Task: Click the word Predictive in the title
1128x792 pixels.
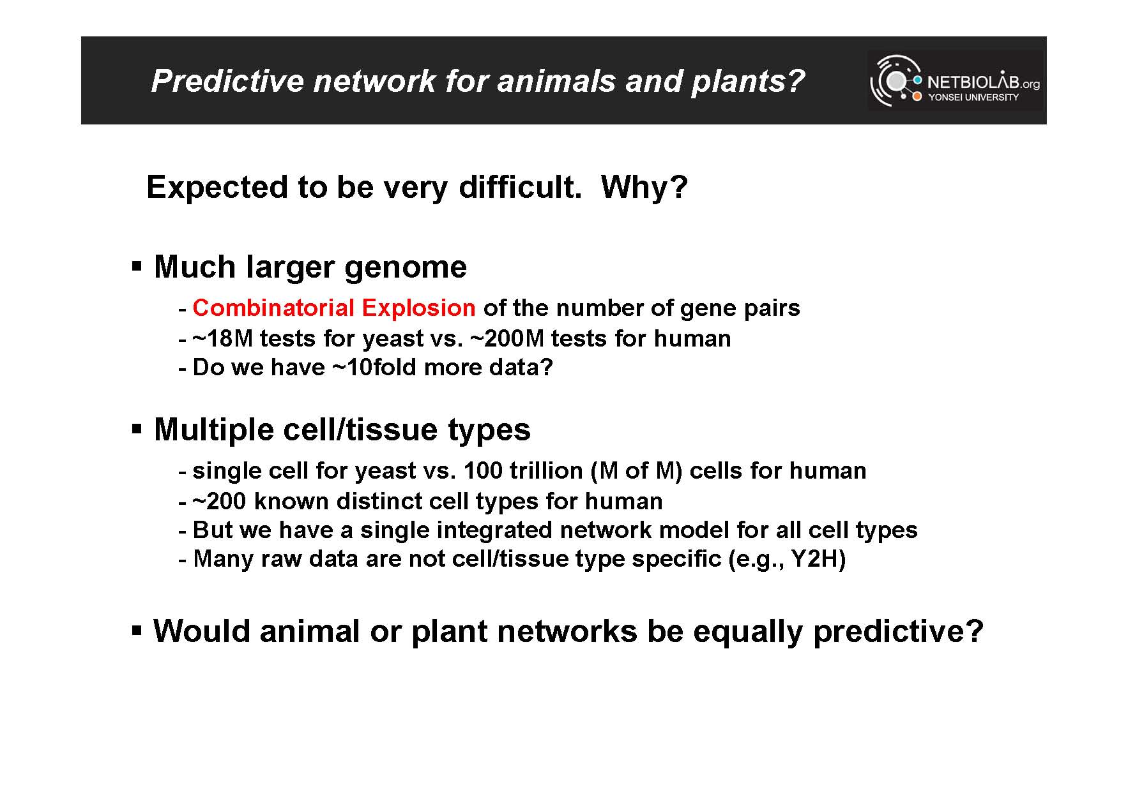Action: pyautogui.click(x=227, y=81)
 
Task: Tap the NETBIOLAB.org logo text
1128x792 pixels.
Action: pyautogui.click(x=983, y=82)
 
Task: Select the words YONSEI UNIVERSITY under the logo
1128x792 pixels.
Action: pyautogui.click(x=973, y=97)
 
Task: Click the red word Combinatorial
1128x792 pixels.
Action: pyautogui.click(x=273, y=308)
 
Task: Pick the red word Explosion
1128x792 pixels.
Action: pyautogui.click(x=418, y=308)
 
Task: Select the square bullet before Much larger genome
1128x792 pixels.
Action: pyautogui.click(x=136, y=265)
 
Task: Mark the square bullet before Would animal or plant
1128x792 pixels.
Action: pyautogui.click(x=136, y=631)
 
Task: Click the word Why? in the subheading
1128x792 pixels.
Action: pyautogui.click(x=644, y=187)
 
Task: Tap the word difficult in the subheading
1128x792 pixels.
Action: pyautogui.click(x=519, y=187)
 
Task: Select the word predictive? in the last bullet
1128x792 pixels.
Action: pyautogui.click(x=898, y=632)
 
